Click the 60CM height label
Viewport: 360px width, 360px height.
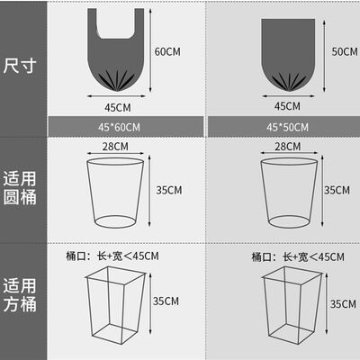tap(168, 50)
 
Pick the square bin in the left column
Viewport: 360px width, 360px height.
tap(115, 303)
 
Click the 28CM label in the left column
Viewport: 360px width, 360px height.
tap(113, 146)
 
